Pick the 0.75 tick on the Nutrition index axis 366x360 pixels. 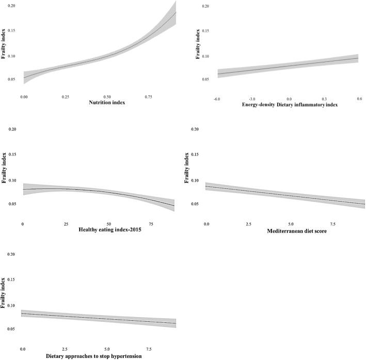click(x=150, y=96)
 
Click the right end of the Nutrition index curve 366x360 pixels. click(x=176, y=12)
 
